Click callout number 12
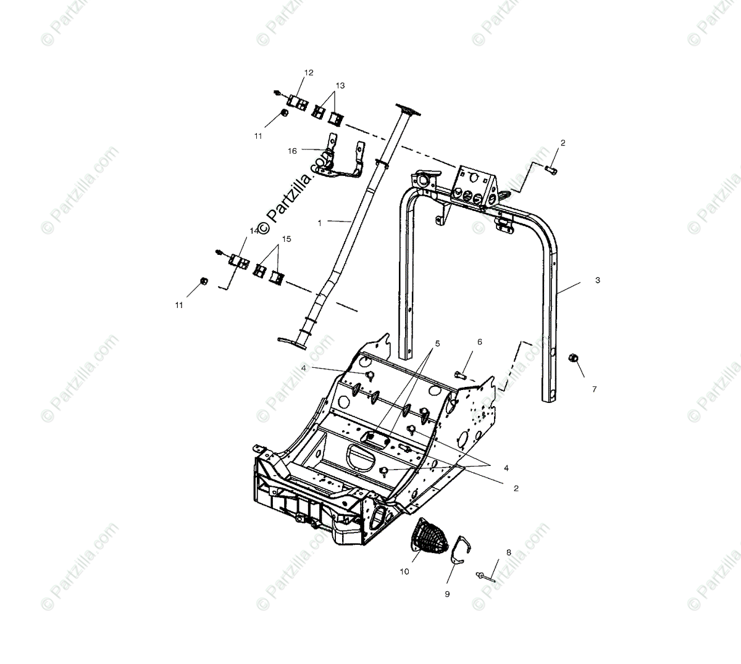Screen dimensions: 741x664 pos(309,73)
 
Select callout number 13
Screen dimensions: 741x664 pos(340,85)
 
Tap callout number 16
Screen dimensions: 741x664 pos(292,151)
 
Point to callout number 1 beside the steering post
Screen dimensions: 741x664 pos(319,223)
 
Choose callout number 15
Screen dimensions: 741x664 pos(287,238)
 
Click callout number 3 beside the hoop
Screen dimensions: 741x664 pos(597,280)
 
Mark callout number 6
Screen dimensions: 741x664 pos(479,341)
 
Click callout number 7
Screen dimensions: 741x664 pos(595,389)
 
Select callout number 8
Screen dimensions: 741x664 pos(508,552)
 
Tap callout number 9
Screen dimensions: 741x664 pos(447,594)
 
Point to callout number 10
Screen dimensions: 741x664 pos(404,571)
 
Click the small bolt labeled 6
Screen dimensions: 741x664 pos(461,374)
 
